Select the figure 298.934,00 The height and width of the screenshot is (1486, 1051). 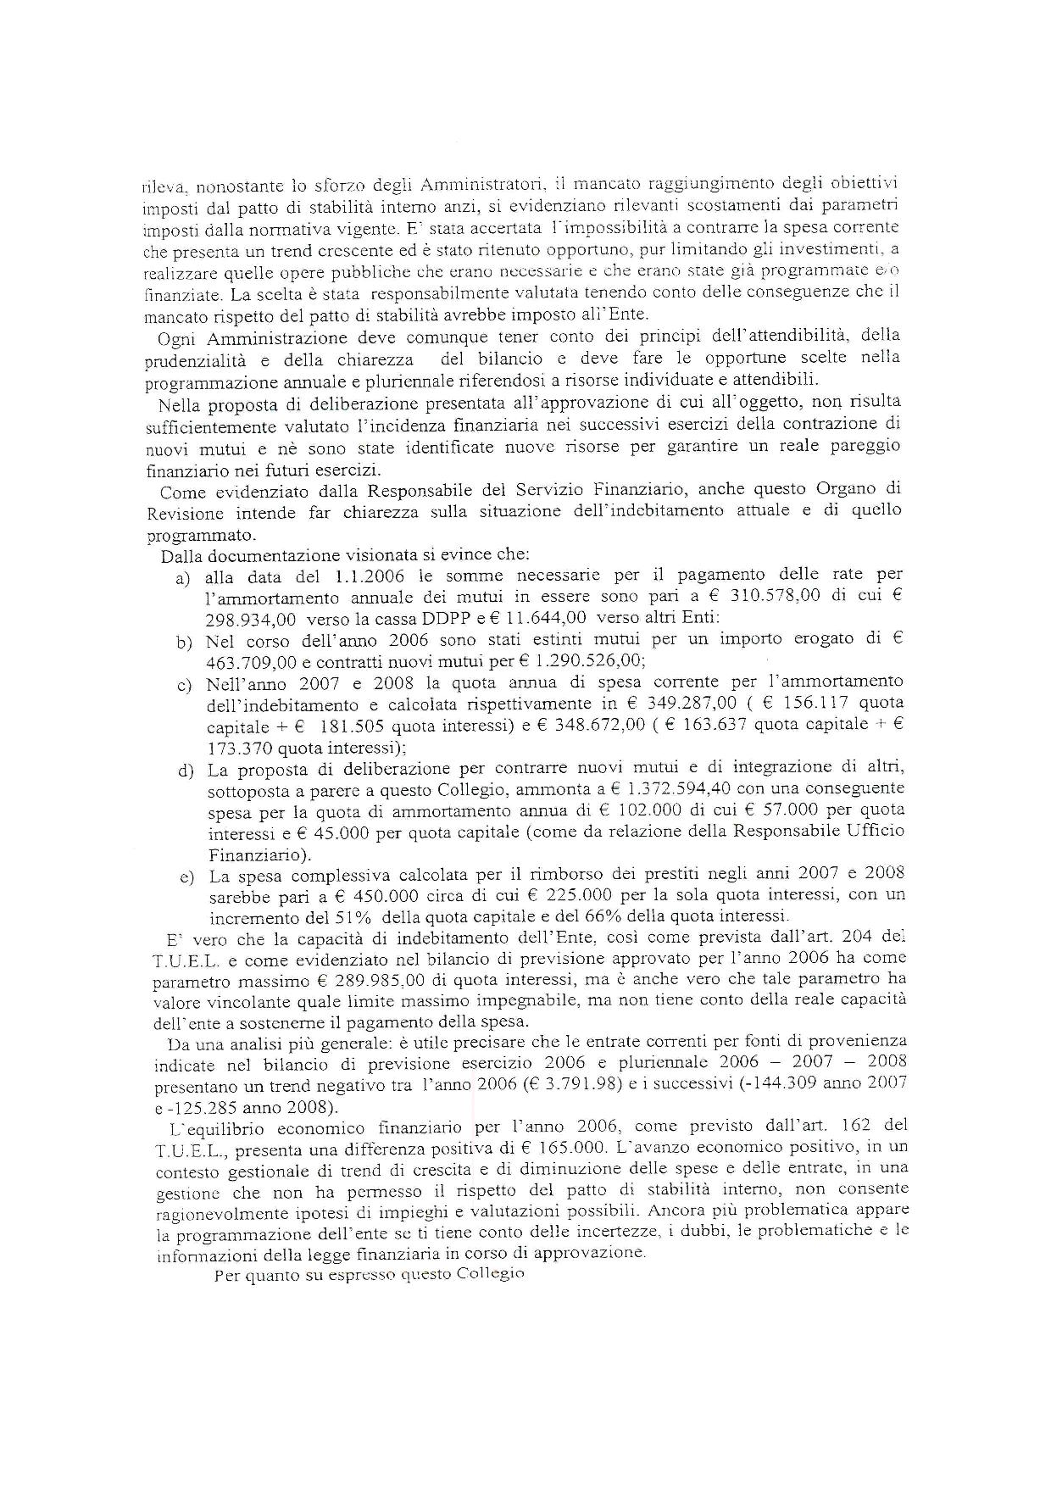(x=249, y=618)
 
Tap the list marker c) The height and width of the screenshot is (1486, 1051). (x=183, y=685)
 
